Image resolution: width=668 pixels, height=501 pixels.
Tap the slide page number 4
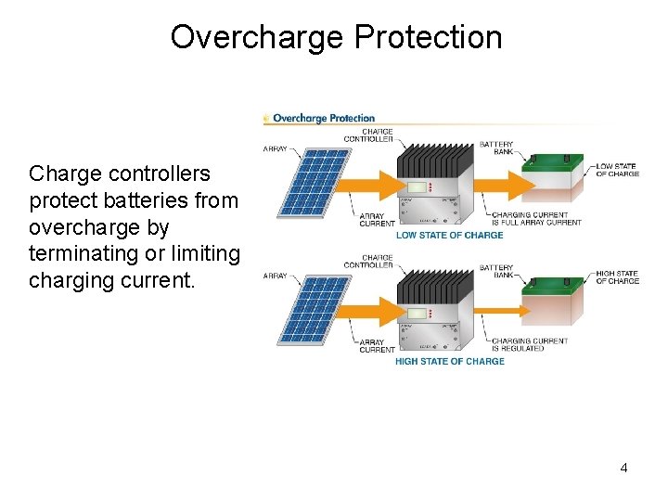623,468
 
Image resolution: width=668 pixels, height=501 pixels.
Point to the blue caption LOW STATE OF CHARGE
449,236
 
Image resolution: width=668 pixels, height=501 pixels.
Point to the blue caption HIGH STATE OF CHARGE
449,362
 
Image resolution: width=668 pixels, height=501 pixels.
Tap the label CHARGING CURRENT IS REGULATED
530,344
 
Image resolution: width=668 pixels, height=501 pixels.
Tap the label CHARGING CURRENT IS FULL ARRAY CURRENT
536,219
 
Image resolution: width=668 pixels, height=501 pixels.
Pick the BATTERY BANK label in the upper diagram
496,148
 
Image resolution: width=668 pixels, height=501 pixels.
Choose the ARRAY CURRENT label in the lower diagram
377,346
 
